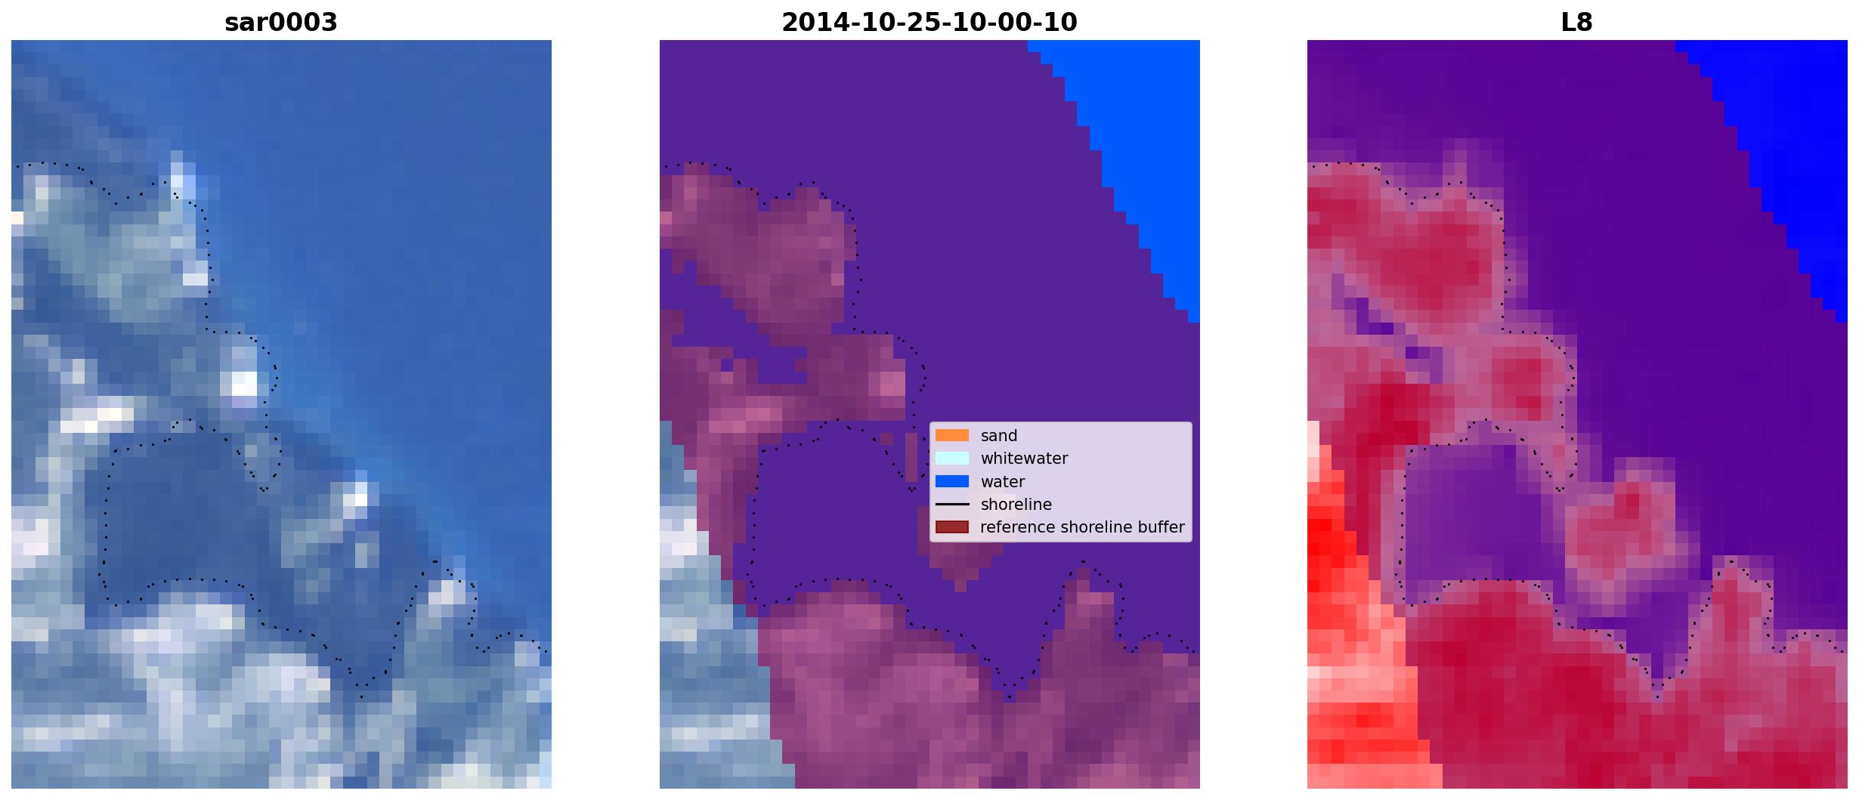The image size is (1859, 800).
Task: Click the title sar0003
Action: pos(281,23)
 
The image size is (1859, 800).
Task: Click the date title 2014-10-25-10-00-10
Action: pos(929,23)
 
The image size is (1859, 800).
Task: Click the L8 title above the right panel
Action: pos(1577,23)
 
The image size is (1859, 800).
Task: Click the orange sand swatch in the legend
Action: pos(952,435)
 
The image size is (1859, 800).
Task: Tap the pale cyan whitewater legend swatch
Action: pos(952,458)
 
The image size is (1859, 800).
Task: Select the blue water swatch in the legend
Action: pos(952,481)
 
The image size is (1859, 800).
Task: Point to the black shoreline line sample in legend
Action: pos(952,504)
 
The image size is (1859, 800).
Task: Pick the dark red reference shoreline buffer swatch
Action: pos(952,527)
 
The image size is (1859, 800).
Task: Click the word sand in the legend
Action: pos(999,436)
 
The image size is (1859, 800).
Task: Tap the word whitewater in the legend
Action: pos(1024,459)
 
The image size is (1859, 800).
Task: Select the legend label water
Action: pos(1003,482)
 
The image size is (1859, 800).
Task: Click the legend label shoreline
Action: pos(1016,505)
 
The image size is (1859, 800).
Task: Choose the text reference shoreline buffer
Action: pos(1082,527)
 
